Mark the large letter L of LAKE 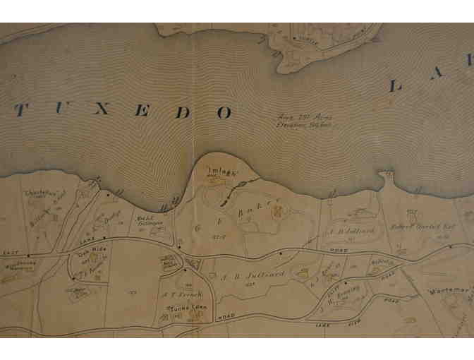pyautogui.click(x=396, y=87)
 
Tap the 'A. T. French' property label pyautogui.click(x=173, y=294)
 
